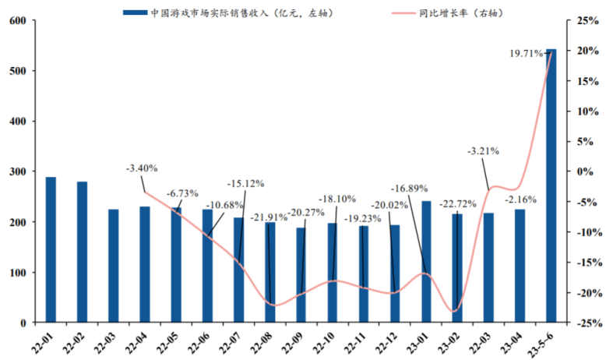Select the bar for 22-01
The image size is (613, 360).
click(51, 249)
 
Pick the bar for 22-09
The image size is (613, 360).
click(301, 274)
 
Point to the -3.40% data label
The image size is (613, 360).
click(143, 168)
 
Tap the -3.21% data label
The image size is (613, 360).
click(483, 151)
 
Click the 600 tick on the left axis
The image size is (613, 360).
click(17, 21)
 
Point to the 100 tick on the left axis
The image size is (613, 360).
click(17, 273)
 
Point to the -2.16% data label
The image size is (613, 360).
click(520, 199)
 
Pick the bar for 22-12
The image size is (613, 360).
click(395, 274)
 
